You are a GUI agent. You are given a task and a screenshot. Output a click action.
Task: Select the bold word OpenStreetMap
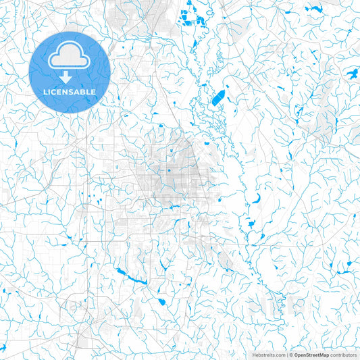pyautogui.click(x=311, y=354)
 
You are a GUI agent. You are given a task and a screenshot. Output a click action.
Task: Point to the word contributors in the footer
pyautogui.click(x=343, y=354)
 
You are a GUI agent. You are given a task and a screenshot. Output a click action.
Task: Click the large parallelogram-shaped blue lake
pyautogui.click(x=219, y=99)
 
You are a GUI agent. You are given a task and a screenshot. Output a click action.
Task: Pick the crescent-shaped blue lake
pyautogui.click(x=257, y=200)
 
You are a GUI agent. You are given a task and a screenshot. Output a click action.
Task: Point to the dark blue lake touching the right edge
pyautogui.click(x=352, y=72)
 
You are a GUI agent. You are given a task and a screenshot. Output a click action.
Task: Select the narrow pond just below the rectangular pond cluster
pyautogui.click(x=194, y=44)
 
